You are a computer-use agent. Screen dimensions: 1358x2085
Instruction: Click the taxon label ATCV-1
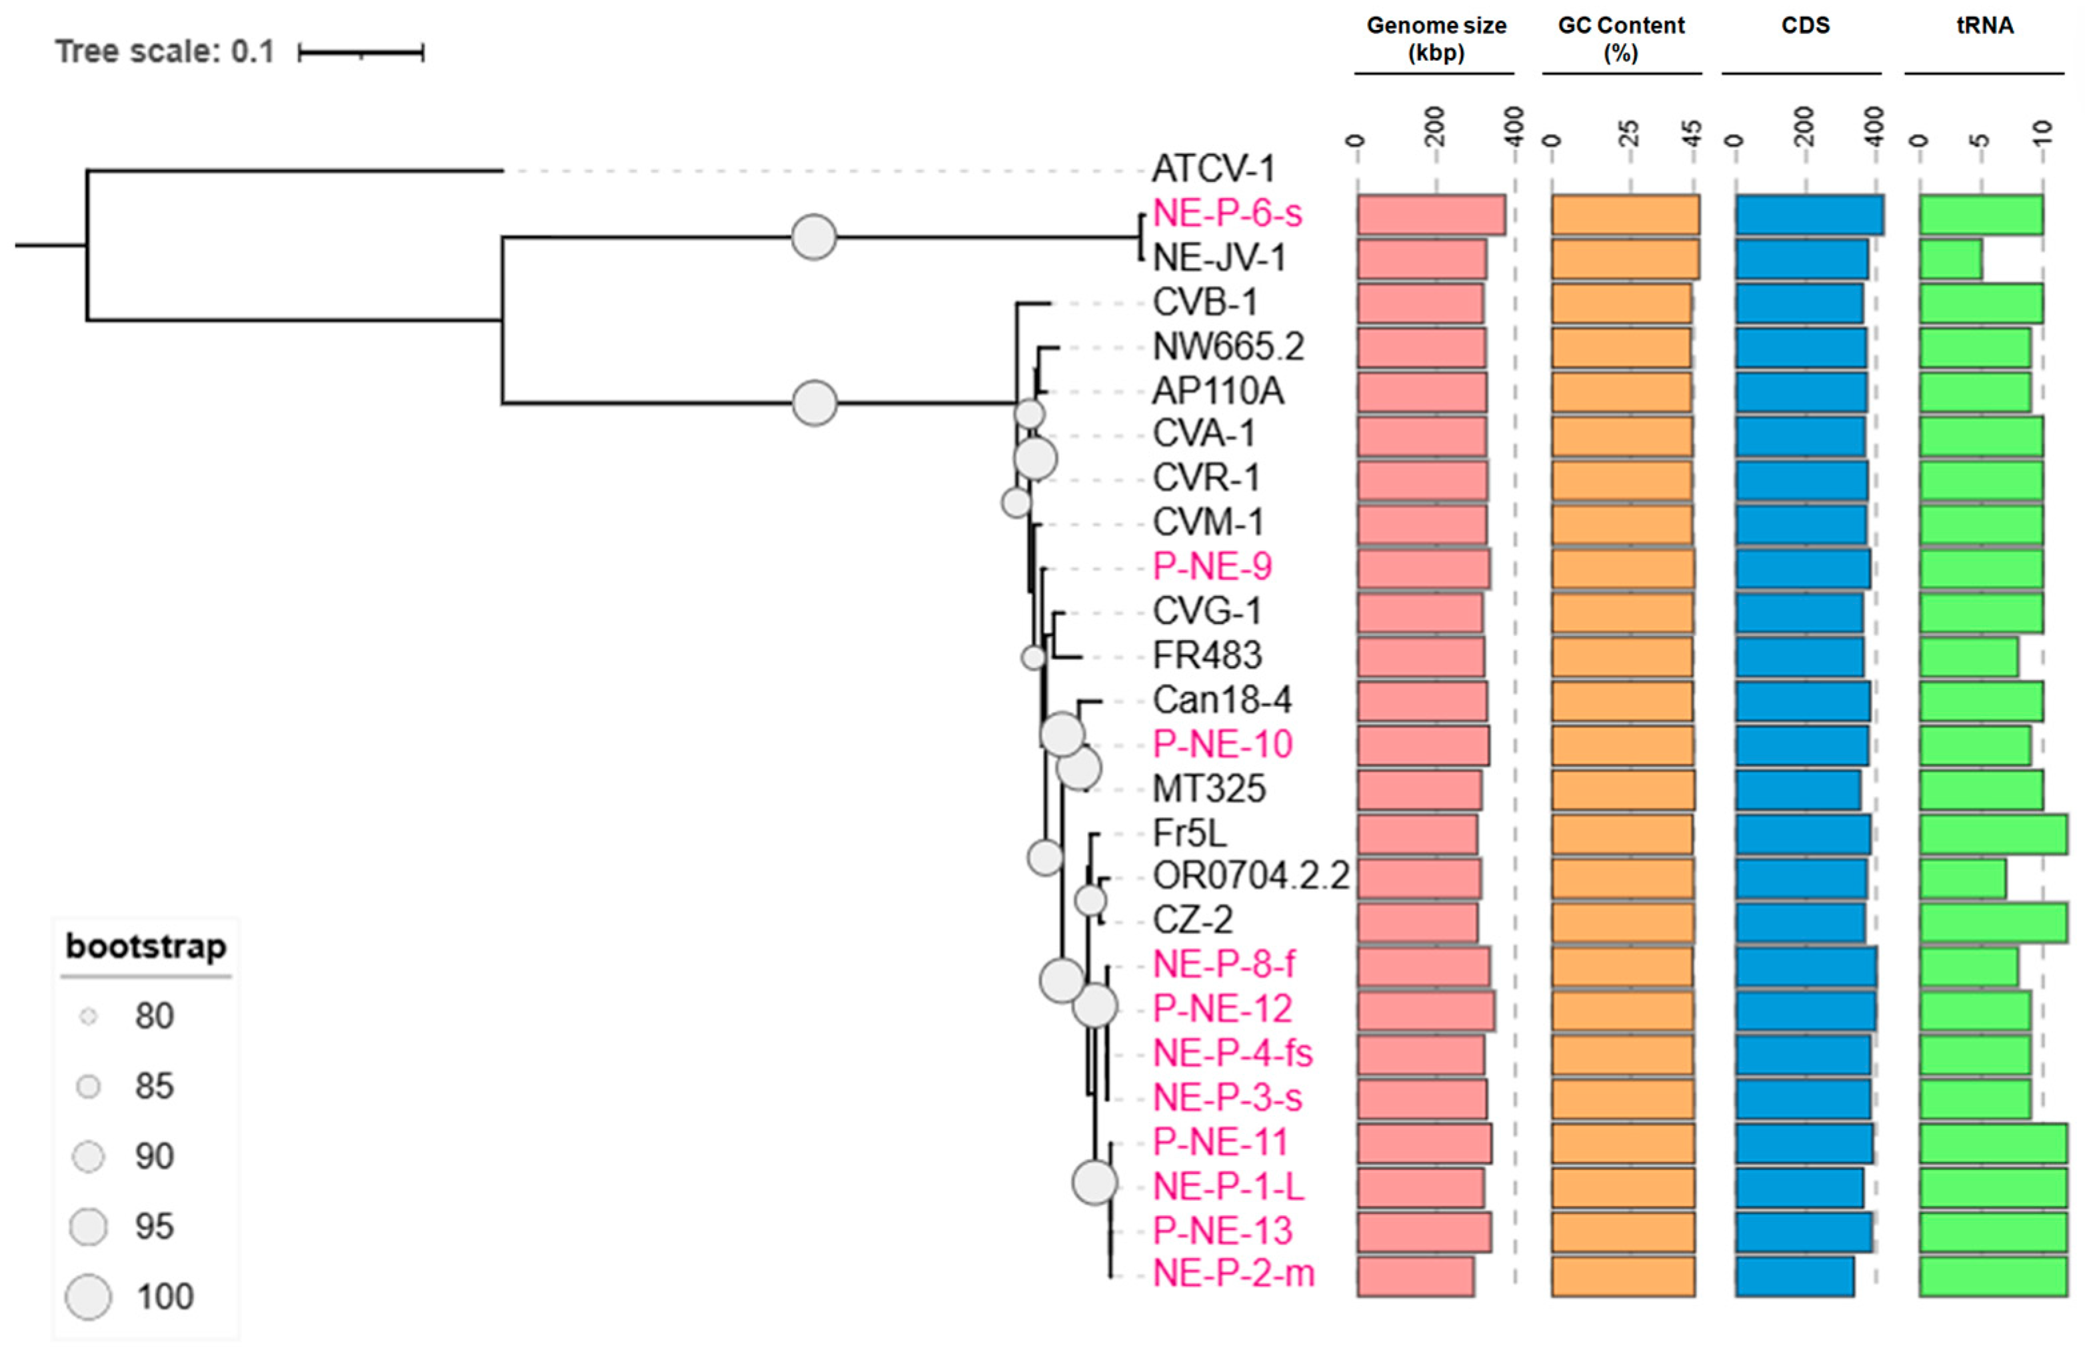click(x=1213, y=169)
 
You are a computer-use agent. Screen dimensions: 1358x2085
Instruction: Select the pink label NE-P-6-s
click(x=1227, y=214)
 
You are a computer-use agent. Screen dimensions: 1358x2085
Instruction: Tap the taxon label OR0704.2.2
click(x=1250, y=876)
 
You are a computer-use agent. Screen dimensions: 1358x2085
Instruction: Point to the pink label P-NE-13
click(x=1222, y=1231)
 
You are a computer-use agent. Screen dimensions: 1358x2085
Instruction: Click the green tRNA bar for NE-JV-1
click(x=1950, y=259)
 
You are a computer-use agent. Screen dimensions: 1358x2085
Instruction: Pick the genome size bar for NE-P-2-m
click(x=1416, y=1275)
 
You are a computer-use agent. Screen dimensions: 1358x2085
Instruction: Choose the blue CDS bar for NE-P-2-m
click(x=1794, y=1275)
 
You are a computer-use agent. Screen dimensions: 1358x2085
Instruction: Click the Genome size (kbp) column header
click(x=1436, y=39)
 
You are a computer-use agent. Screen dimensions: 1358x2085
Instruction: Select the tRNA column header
click(x=1984, y=26)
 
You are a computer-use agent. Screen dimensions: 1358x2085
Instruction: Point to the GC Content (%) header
click(x=1620, y=39)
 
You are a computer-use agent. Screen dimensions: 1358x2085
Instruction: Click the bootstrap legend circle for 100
click(x=89, y=1297)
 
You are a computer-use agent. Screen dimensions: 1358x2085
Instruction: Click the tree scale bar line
click(x=361, y=53)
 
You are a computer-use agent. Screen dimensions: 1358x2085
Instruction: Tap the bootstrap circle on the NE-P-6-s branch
click(x=814, y=237)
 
